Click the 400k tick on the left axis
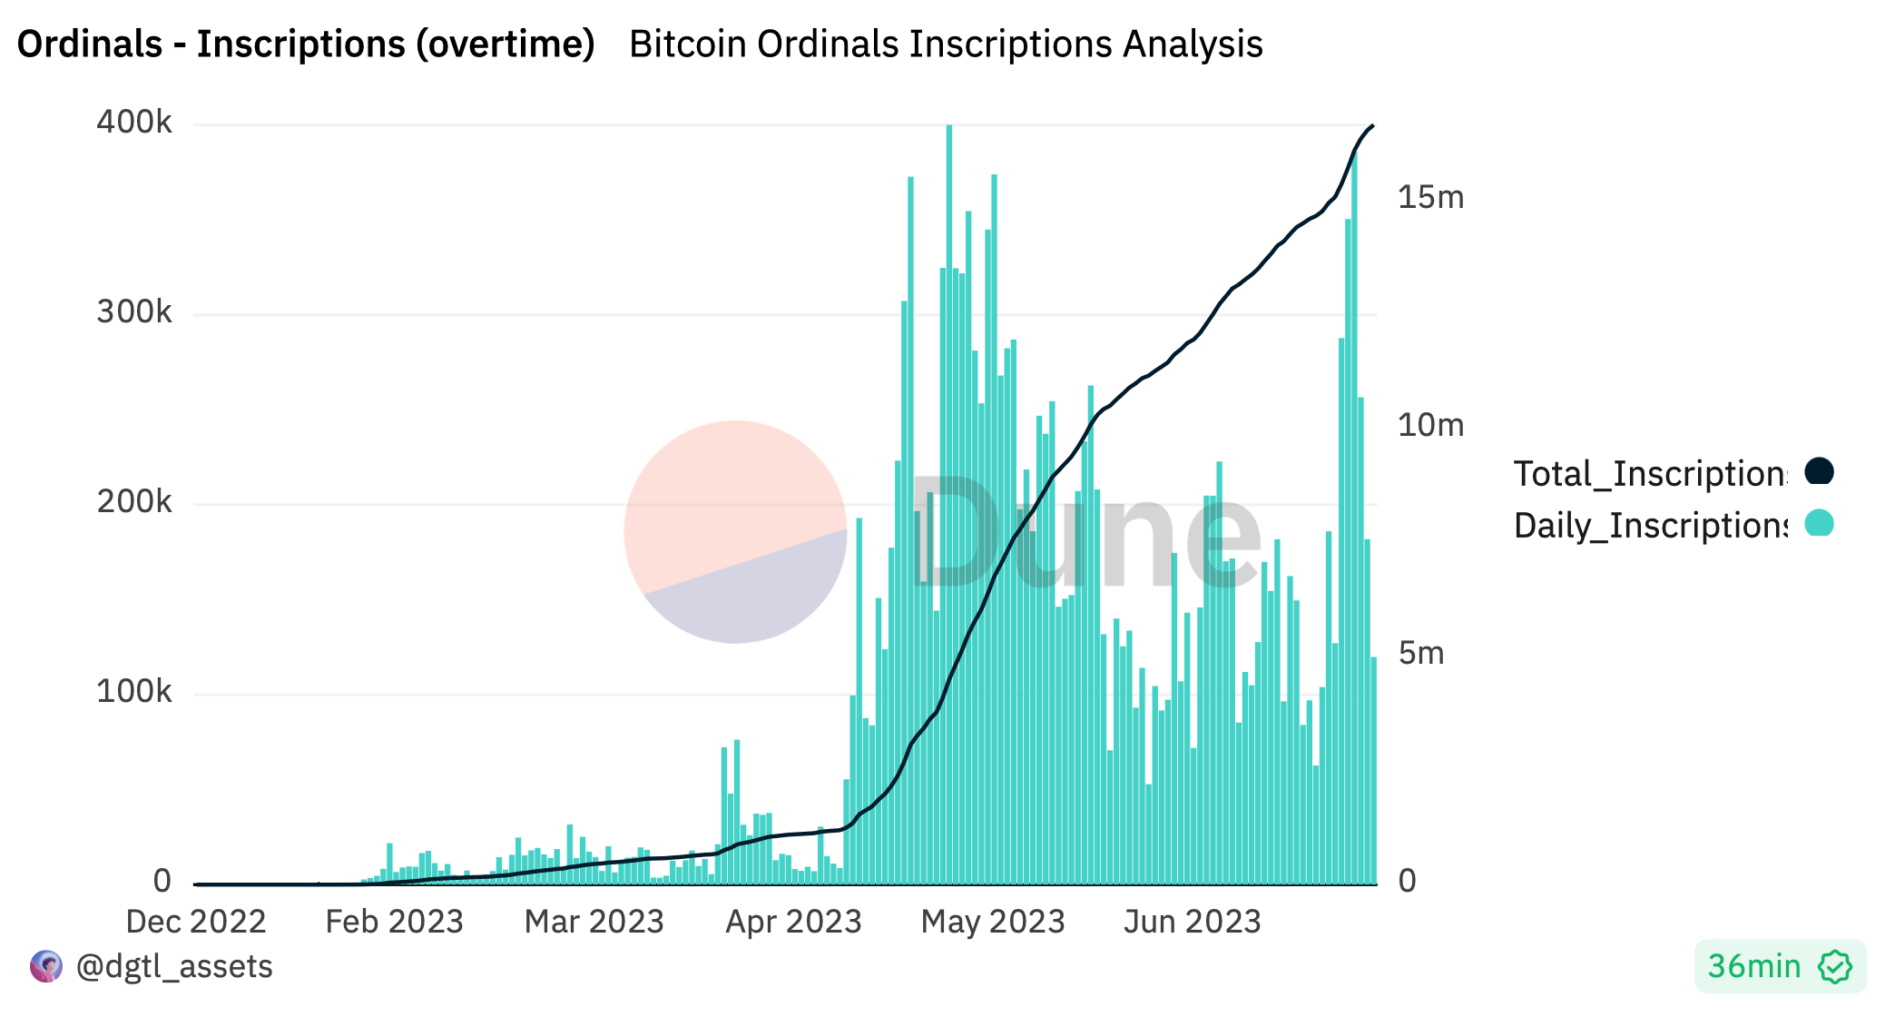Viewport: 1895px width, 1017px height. (133, 123)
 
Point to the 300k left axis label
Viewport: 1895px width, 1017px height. (133, 312)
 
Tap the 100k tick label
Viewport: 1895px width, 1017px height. (133, 692)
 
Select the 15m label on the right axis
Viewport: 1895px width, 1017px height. (1430, 198)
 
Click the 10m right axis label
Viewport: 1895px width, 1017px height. (1430, 425)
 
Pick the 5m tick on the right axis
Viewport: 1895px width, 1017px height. (1421, 654)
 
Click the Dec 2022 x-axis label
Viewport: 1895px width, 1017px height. (195, 922)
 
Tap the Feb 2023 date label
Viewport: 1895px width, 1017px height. (394, 922)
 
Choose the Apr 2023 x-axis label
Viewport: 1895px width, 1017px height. (793, 922)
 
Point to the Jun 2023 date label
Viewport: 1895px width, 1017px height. (1192, 922)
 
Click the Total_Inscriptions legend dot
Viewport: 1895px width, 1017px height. (1819, 471)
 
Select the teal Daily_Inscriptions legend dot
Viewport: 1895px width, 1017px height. (1819, 523)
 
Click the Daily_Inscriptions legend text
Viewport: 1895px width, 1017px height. (1650, 526)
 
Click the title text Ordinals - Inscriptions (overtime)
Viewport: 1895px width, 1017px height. (306, 44)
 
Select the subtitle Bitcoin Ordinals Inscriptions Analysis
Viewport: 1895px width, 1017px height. (946, 44)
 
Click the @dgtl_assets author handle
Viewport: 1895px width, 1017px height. (174, 966)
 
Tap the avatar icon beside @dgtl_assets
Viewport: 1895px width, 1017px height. (46, 966)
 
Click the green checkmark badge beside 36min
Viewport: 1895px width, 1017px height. (1834, 967)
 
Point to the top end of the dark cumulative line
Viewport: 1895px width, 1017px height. (1372, 126)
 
